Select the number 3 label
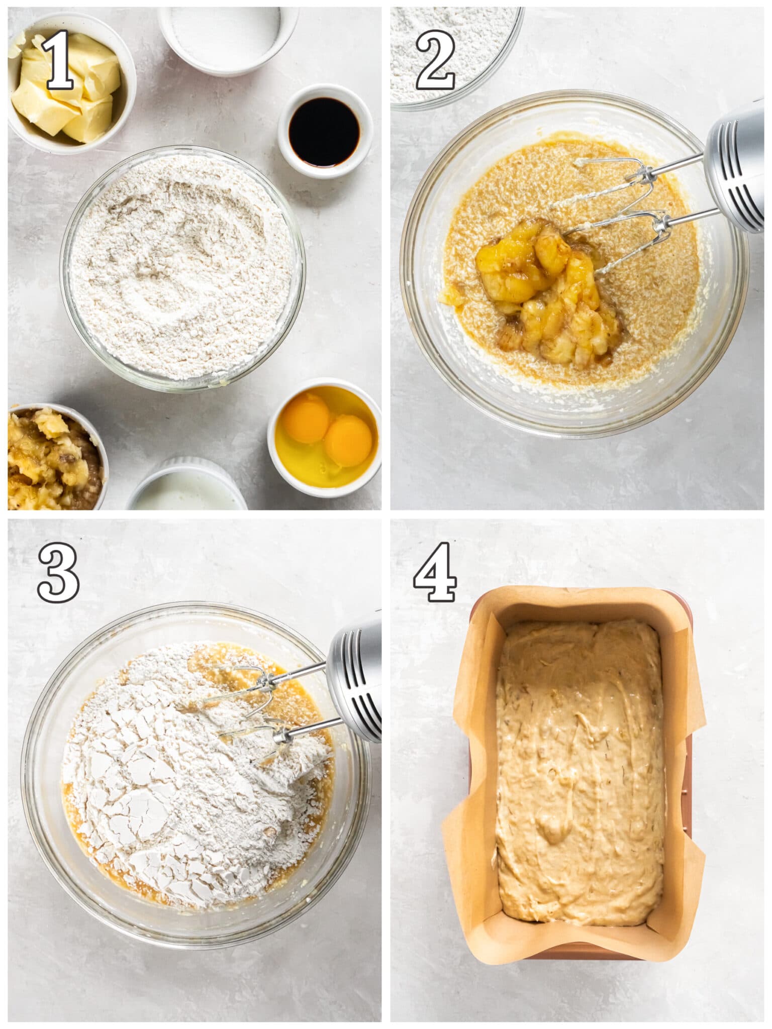[x=58, y=574]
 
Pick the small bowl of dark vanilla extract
[x=325, y=132]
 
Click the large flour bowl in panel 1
[x=182, y=269]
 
